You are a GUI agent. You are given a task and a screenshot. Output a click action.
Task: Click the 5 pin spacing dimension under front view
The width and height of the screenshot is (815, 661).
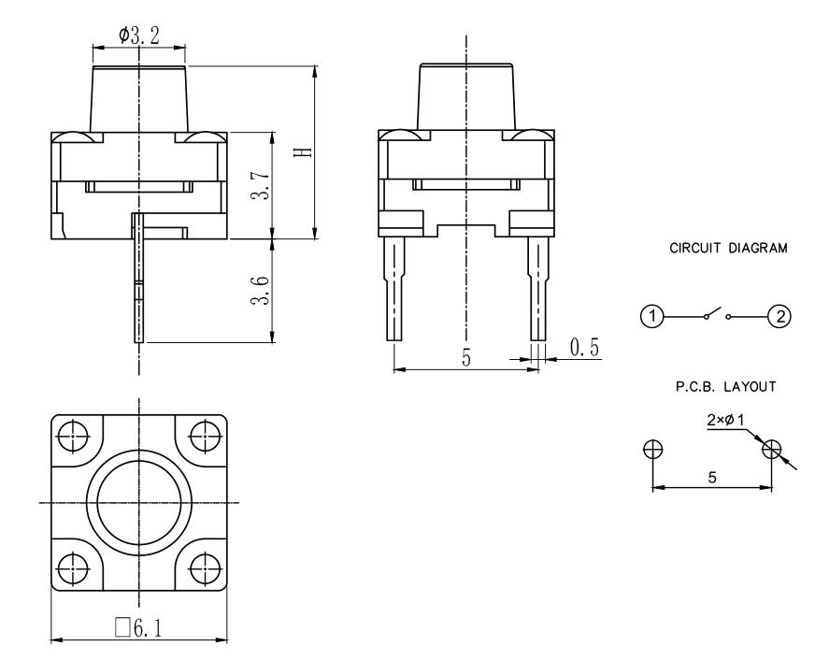coord(465,358)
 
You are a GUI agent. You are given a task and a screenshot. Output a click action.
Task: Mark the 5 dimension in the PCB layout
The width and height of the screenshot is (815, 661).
coord(712,477)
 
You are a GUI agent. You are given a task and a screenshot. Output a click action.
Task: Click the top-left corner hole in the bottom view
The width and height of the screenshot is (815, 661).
coord(71,433)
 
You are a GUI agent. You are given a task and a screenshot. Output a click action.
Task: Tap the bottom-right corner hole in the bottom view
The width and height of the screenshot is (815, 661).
coord(205,568)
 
